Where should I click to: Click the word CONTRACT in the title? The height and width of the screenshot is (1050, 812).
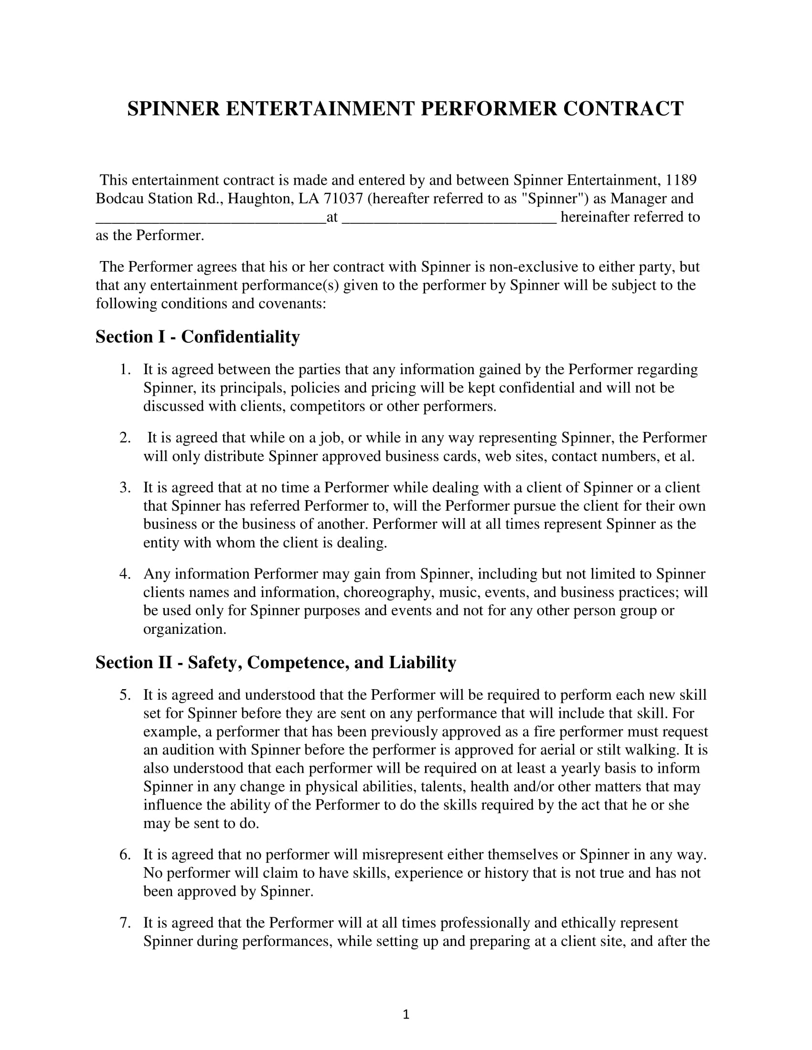coord(623,109)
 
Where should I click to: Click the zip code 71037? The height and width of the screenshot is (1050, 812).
coord(343,199)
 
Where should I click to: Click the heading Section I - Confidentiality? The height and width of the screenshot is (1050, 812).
coord(197,336)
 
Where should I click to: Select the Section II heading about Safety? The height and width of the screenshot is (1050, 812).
coord(275,662)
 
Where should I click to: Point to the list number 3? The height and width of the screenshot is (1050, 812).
coord(125,487)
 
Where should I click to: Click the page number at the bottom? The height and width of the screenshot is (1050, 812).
coord(406,1014)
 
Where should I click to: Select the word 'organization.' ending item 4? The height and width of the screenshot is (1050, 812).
coord(185,629)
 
